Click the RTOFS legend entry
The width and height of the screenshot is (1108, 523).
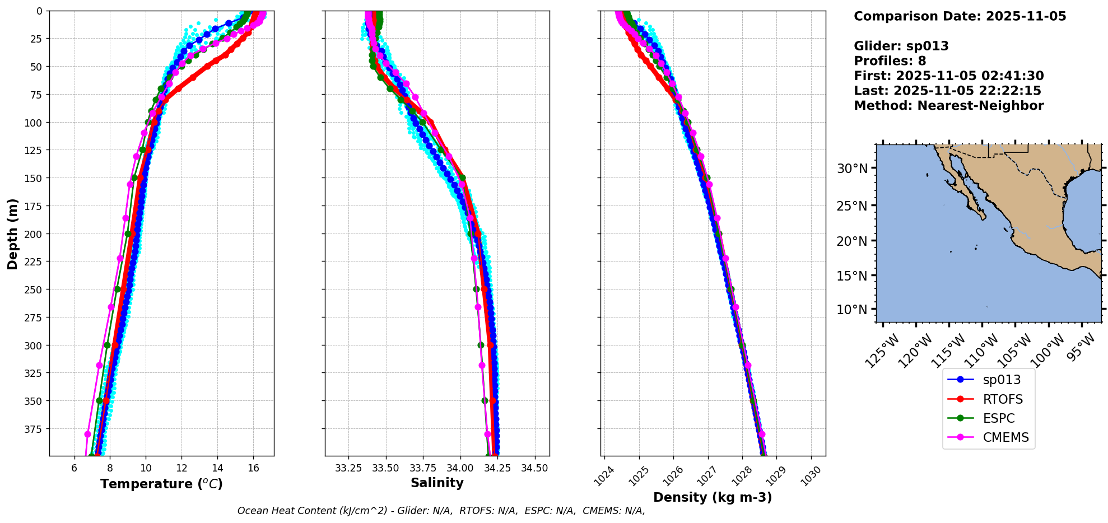pos(1002,399)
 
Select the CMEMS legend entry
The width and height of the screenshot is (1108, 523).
pos(1005,437)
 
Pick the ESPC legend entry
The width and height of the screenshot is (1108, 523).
pos(998,418)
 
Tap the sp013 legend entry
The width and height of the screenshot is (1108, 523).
pos(1002,380)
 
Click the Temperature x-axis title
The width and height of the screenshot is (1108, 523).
pos(161,484)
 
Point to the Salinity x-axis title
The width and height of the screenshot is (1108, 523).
pos(437,483)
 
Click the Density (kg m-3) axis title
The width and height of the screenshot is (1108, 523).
pos(713,497)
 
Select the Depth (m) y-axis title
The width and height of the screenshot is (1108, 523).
pos(12,234)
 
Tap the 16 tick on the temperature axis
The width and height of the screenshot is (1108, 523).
pos(253,468)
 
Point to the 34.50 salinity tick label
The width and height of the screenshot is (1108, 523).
pos(534,468)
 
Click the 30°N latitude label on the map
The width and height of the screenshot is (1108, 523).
pos(852,169)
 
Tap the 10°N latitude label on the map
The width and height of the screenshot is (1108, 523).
pos(852,310)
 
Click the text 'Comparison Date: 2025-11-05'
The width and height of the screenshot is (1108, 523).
pos(960,16)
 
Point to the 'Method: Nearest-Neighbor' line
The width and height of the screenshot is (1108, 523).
pos(948,106)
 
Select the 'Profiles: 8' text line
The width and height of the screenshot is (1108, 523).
pos(890,61)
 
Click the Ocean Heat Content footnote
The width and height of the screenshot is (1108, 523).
pos(441,511)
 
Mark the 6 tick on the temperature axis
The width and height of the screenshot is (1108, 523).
pos(75,468)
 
